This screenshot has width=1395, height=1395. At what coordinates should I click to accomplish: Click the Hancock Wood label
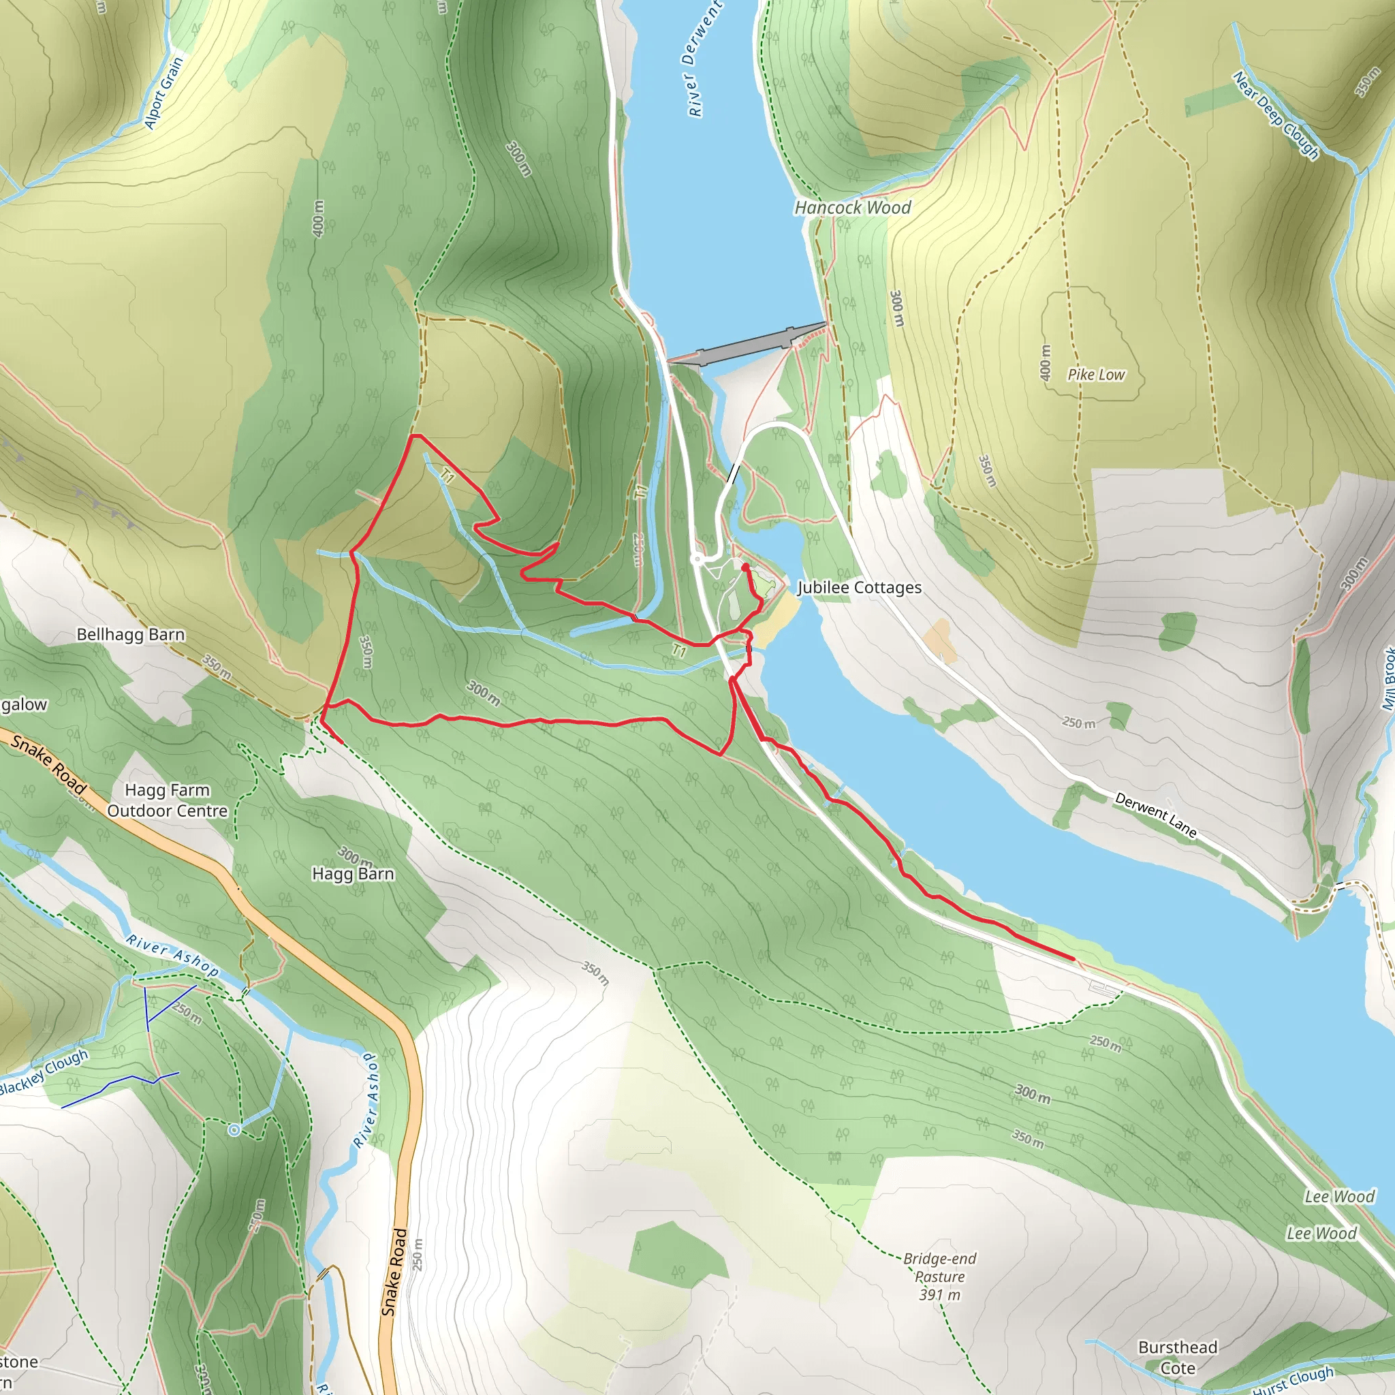click(x=853, y=208)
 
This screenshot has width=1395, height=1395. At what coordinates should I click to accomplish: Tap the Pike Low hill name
click(x=1096, y=375)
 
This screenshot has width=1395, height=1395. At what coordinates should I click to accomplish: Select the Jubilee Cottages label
click(x=859, y=588)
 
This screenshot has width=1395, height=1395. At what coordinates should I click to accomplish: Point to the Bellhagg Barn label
click(x=131, y=635)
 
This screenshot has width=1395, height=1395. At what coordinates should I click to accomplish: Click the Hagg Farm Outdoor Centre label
click(x=168, y=801)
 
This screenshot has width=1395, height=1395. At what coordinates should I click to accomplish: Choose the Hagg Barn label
click(x=353, y=874)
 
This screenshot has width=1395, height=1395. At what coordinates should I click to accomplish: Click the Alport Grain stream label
click(x=163, y=93)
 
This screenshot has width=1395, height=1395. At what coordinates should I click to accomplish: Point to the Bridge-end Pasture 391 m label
click(x=939, y=1276)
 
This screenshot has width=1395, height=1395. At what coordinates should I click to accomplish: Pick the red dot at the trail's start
click(x=745, y=567)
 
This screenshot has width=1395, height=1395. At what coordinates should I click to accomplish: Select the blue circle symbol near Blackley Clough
click(x=234, y=1130)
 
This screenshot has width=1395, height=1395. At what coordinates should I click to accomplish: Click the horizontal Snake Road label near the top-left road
click(x=48, y=764)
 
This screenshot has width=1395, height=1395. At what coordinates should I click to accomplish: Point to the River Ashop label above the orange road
click(x=172, y=954)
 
